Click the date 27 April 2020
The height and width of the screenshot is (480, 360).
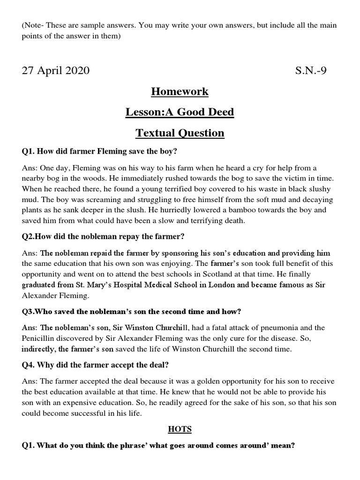click(x=55, y=71)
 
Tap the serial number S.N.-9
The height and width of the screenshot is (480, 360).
click(x=311, y=71)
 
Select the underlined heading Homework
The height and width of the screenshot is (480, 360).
click(x=180, y=91)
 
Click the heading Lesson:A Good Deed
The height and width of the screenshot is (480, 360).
click(x=180, y=112)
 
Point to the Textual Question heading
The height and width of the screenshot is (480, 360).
click(x=180, y=133)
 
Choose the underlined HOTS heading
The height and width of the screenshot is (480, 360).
click(x=180, y=429)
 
